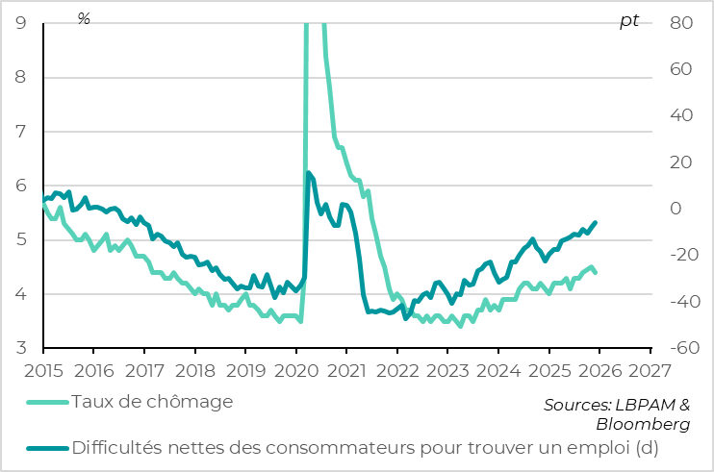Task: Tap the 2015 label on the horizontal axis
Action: pyautogui.click(x=43, y=370)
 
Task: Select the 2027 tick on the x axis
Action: pyautogui.click(x=650, y=370)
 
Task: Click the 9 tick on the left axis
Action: pyautogui.click(x=21, y=23)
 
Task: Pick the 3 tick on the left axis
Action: pyautogui.click(x=21, y=348)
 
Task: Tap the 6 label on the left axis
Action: pyautogui.click(x=21, y=186)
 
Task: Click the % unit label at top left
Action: pyautogui.click(x=84, y=19)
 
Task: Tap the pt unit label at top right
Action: pyautogui.click(x=628, y=21)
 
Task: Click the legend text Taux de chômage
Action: pyautogui.click(x=152, y=401)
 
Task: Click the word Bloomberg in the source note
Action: pyautogui.click(x=642, y=424)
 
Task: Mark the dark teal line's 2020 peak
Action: pyautogui.click(x=308, y=173)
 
